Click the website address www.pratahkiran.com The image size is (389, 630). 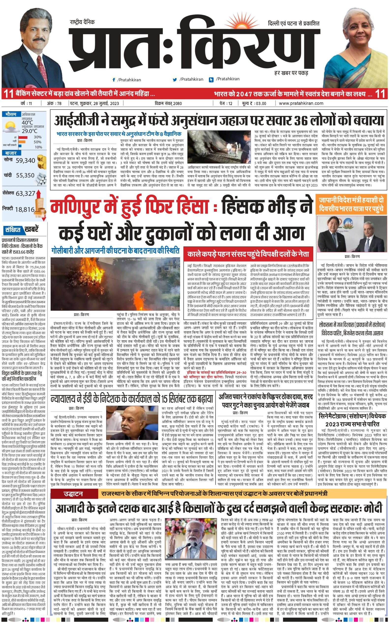coord(301,103)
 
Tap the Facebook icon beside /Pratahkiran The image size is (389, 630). coord(113,80)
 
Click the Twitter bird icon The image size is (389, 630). coord(175,79)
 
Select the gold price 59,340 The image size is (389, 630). coord(25,160)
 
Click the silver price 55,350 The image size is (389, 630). coord(25,175)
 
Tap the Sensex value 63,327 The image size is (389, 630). coord(25,193)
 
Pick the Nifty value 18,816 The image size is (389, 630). coord(25,209)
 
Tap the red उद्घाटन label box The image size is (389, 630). coord(74,487)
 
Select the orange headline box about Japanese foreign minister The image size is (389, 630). coord(351,204)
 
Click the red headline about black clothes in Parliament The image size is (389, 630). coord(248,254)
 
